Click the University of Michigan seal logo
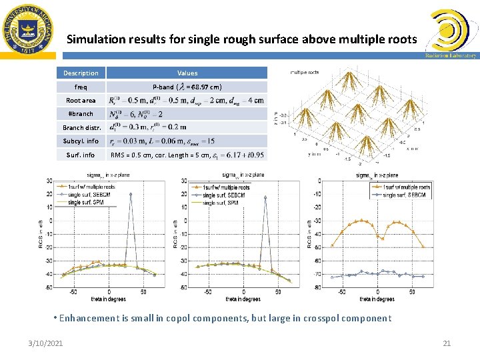coord(27,29)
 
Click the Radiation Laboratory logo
coord(451,33)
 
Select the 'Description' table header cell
coord(81,73)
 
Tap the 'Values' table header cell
coord(187,73)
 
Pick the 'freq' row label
coord(81,87)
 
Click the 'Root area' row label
coord(81,100)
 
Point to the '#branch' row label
coord(81,113)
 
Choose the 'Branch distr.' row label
coord(81,127)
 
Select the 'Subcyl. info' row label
coord(81,141)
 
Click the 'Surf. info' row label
coord(81,155)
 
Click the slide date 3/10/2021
coord(46,343)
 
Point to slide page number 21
coord(447,343)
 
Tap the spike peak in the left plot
coord(131,194)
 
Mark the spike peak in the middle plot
coord(265,197)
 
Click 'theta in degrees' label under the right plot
coord(377,299)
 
